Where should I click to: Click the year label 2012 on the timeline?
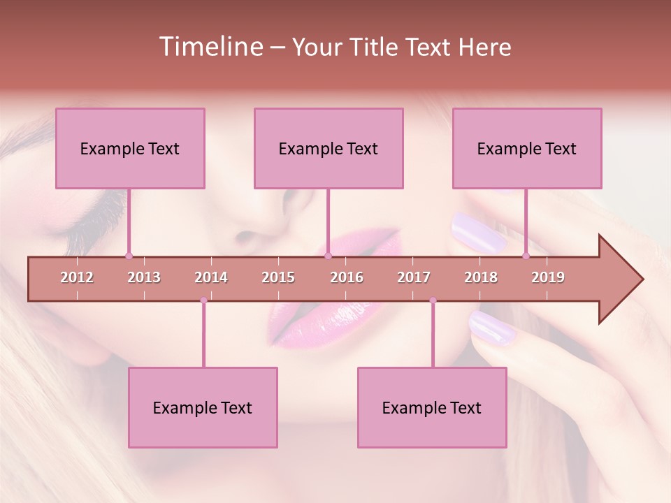coord(77,277)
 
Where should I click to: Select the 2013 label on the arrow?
coord(144,277)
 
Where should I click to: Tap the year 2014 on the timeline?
coord(211,277)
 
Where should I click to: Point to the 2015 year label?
coord(278,277)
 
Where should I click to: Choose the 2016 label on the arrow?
coord(347,277)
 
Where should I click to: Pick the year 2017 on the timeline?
coord(414,277)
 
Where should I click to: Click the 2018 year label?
coord(481,277)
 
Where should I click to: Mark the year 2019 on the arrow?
coord(548,277)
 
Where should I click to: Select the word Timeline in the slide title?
coord(210,47)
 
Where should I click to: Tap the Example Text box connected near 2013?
coord(130,148)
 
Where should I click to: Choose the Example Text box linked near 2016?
coord(329,148)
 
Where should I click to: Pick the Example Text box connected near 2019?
coord(527,148)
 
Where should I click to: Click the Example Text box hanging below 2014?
coord(203,407)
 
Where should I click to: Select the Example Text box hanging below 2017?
coord(432,407)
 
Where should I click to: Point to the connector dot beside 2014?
coord(203,300)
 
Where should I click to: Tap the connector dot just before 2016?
coord(328,256)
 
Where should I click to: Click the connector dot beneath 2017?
coord(433,300)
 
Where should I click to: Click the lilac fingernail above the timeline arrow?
coord(478,232)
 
